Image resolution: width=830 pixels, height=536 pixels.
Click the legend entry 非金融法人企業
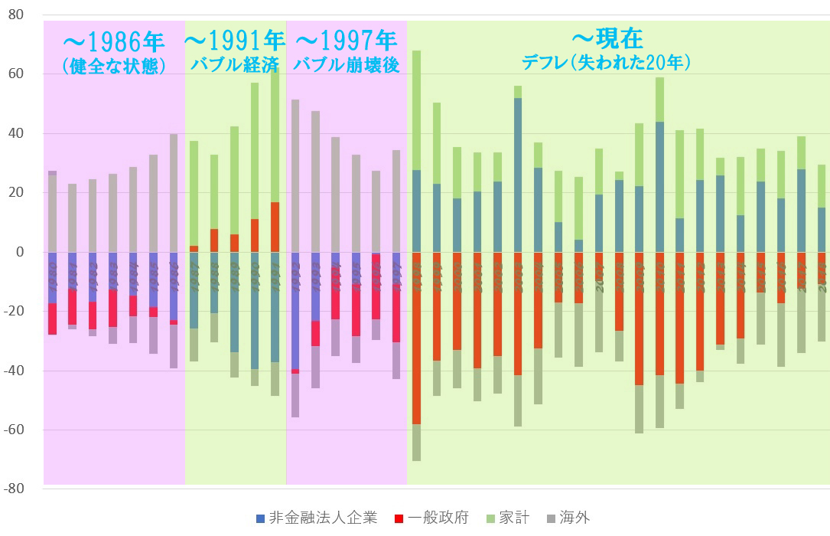317,518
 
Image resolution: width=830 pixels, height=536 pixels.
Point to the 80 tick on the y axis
17,15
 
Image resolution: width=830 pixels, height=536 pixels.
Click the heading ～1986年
114,40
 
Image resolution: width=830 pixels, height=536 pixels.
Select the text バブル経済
235,64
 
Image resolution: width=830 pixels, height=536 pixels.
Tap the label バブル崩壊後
347,64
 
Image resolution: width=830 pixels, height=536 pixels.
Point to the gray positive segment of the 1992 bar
295,175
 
